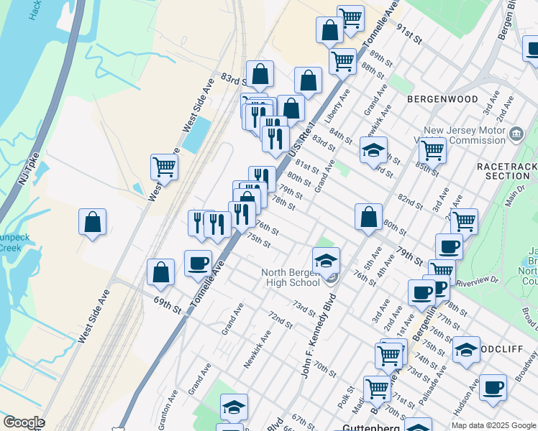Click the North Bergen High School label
pos(291,277)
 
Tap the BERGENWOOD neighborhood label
pos(442,98)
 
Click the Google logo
pos(24,422)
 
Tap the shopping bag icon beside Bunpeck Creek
pos(93,222)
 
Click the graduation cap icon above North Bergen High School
pos(326,260)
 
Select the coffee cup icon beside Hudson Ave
pos(493,387)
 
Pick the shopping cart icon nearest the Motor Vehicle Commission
pos(432,150)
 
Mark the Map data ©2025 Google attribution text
pos(493,425)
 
